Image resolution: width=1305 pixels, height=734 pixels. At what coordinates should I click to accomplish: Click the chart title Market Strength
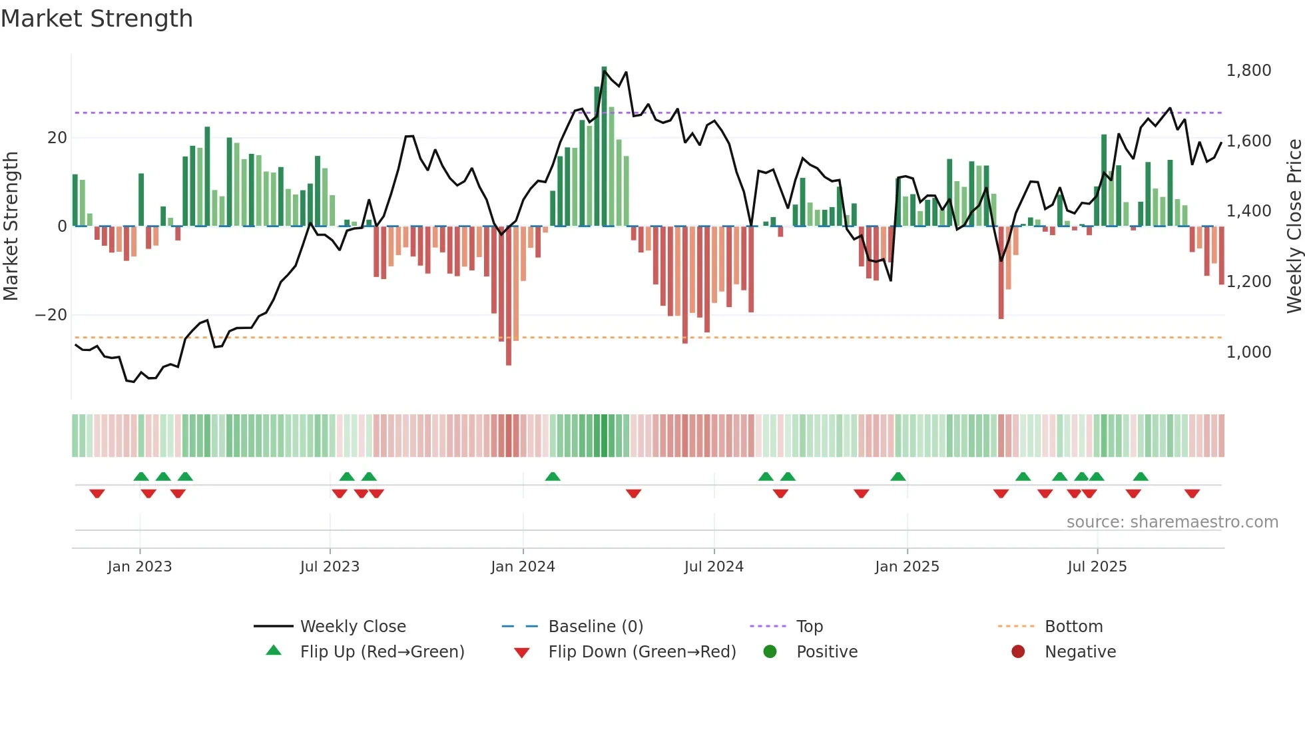pyautogui.click(x=97, y=19)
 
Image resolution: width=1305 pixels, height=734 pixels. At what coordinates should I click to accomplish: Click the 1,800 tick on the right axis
pyautogui.click(x=1248, y=71)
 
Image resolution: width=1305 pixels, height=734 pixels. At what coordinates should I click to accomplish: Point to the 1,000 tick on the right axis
pyautogui.click(x=1248, y=352)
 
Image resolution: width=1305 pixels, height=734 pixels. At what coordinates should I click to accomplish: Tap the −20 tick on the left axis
pyautogui.click(x=51, y=314)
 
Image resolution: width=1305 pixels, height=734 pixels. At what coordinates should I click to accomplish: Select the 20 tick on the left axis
pyautogui.click(x=57, y=138)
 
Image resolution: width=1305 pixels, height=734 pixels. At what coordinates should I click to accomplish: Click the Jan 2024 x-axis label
pyautogui.click(x=523, y=566)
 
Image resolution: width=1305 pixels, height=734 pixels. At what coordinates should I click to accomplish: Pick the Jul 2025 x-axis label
pyautogui.click(x=1097, y=566)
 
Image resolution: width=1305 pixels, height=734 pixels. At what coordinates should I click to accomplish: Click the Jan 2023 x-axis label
pyautogui.click(x=140, y=566)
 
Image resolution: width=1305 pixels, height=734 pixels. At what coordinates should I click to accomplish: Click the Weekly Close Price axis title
pyautogui.click(x=1294, y=226)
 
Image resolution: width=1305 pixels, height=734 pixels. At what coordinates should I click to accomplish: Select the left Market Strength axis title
pyautogui.click(x=11, y=226)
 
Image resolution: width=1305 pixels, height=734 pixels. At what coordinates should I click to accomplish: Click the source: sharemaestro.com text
pyautogui.click(x=1172, y=522)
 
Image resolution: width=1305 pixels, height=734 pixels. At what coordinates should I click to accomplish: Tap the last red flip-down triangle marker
pyautogui.click(x=1192, y=494)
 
